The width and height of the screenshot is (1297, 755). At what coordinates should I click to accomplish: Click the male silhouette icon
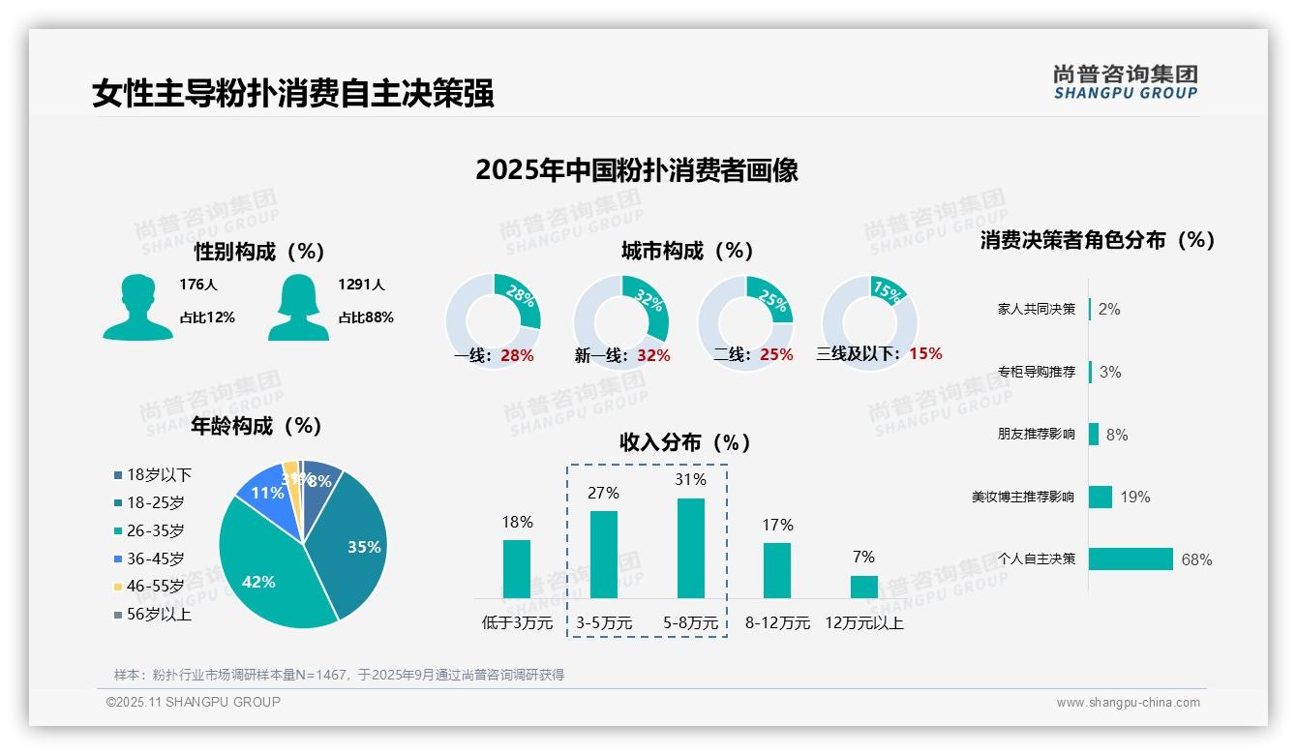(x=137, y=307)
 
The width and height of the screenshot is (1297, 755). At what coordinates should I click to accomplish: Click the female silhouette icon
(x=298, y=307)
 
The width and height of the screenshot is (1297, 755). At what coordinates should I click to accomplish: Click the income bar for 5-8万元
(x=690, y=548)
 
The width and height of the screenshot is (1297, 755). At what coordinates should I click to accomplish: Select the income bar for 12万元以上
(x=863, y=587)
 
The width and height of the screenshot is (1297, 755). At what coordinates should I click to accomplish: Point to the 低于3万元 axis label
(x=517, y=622)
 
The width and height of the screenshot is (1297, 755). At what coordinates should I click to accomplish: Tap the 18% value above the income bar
(x=517, y=522)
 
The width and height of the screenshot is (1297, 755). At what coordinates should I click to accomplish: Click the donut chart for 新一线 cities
(x=621, y=321)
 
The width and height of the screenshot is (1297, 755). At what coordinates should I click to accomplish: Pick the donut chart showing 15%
(x=869, y=321)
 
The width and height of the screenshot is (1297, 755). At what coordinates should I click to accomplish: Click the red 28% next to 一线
(x=517, y=355)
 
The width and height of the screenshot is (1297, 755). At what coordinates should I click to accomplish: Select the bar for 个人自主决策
(x=1131, y=559)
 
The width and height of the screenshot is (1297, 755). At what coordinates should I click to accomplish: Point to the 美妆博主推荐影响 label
(x=1022, y=497)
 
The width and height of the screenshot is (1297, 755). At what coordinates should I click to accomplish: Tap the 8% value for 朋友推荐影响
(x=1117, y=435)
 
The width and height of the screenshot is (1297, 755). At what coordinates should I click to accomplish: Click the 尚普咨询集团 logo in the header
(x=1125, y=81)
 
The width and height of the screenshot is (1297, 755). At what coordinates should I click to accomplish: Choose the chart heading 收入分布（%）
(x=685, y=442)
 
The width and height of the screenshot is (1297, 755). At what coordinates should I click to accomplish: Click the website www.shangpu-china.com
(x=1128, y=703)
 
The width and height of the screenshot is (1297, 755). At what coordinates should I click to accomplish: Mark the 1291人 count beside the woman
(x=361, y=285)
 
